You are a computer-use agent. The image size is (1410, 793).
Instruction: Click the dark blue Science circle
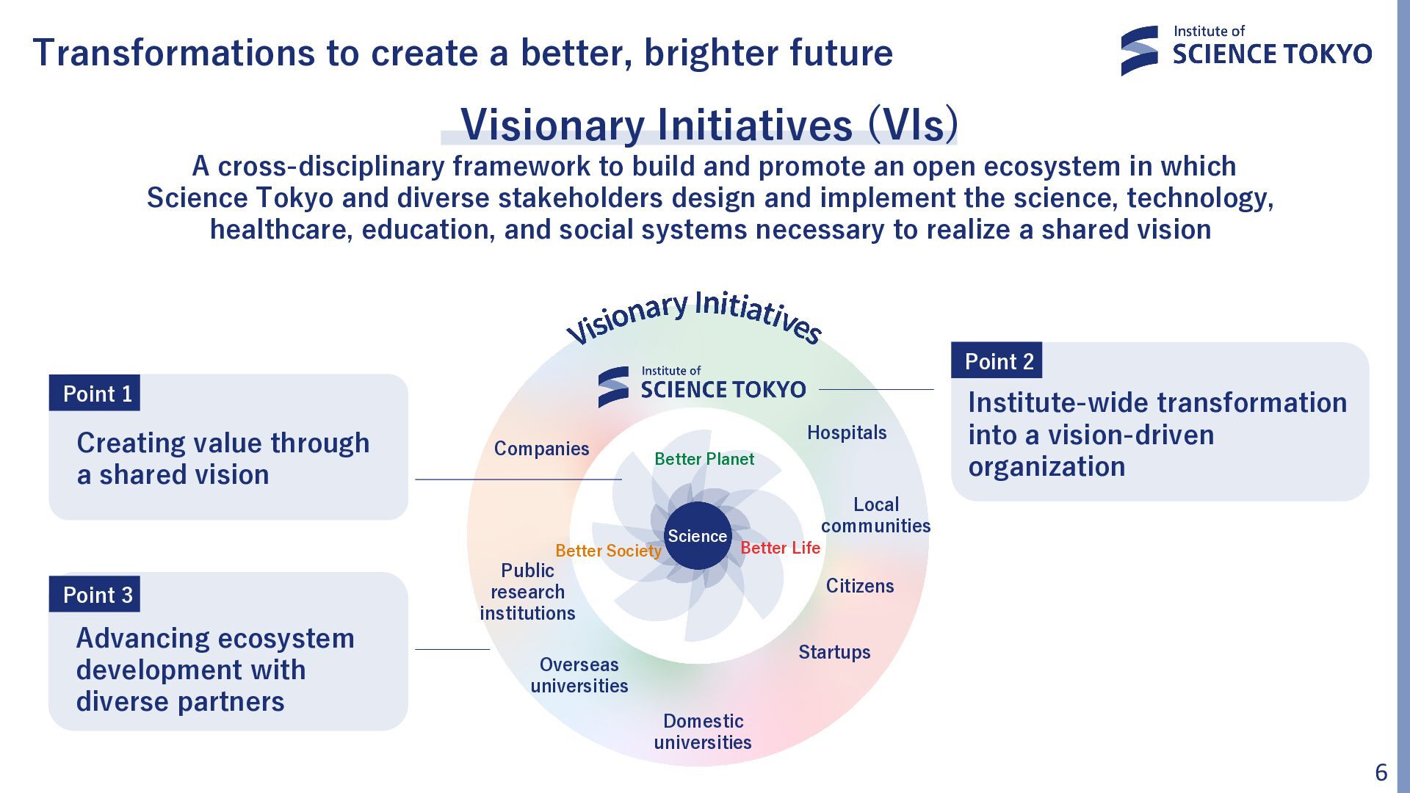[x=697, y=535]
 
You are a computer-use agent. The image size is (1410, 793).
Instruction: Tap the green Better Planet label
[x=704, y=459]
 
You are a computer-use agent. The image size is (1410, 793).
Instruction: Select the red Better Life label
[x=780, y=548]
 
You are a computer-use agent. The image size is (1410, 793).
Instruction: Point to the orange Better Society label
[x=608, y=551]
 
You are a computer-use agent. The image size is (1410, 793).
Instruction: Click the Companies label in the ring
[x=541, y=449]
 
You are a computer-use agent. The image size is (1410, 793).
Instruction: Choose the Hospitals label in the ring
[x=847, y=432]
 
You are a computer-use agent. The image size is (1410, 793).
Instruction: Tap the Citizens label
[x=860, y=586]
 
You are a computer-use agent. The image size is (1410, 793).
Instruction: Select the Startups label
[x=834, y=652]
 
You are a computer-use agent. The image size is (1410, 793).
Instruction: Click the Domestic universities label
[x=703, y=731]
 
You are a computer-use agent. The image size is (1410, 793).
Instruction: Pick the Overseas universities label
[x=579, y=675]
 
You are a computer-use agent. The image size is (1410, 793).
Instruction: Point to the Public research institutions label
[x=527, y=592]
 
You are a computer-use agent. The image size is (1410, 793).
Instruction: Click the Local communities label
[x=875, y=515]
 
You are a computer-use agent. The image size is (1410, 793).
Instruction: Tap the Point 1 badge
[x=95, y=393]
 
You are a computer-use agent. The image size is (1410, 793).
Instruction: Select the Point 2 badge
[x=997, y=361]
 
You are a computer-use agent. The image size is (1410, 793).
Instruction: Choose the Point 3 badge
[x=95, y=594]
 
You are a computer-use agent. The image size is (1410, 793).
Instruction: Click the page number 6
[x=1381, y=772]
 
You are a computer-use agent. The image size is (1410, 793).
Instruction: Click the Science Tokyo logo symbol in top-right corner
[x=1140, y=51]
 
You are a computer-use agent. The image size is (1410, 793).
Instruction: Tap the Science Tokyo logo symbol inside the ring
[x=613, y=387]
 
